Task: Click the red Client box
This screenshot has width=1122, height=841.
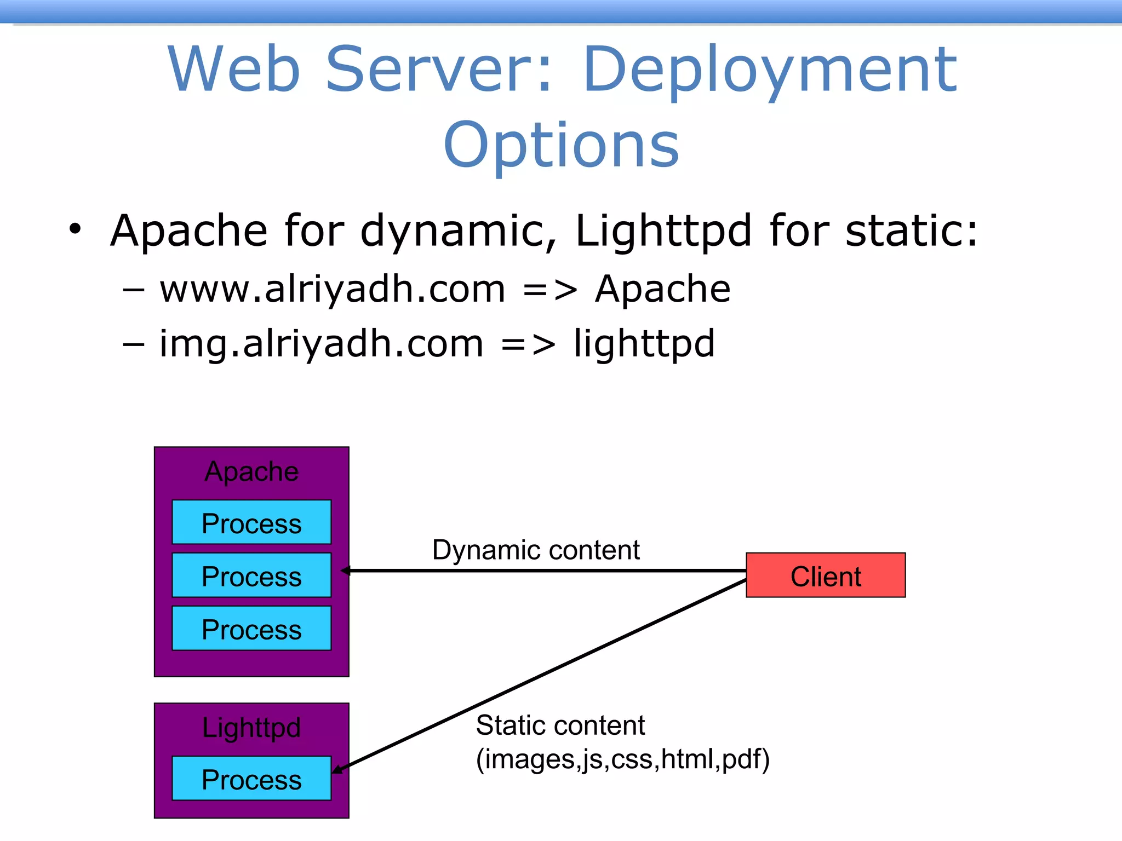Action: tap(825, 575)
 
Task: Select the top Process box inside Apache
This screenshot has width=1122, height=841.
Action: tap(251, 522)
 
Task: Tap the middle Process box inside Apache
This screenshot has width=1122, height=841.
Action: tap(251, 575)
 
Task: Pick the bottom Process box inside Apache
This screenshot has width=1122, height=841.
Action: tap(251, 629)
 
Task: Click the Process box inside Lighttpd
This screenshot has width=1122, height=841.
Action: tap(251, 779)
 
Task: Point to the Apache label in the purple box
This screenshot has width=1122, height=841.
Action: tap(251, 471)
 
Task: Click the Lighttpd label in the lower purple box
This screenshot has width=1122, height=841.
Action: tap(251, 728)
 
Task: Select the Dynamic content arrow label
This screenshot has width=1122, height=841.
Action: tap(535, 550)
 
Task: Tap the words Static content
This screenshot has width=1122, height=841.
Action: tap(560, 725)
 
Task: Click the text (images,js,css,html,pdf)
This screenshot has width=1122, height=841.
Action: tap(622, 759)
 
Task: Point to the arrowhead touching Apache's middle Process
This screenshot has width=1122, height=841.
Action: tap(346, 571)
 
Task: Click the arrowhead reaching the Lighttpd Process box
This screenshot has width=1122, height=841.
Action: tap(337, 770)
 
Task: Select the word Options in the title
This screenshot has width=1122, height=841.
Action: tap(561, 145)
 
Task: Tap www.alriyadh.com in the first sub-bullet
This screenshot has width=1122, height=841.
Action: tap(332, 289)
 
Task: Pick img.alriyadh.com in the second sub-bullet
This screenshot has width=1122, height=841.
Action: tap(321, 344)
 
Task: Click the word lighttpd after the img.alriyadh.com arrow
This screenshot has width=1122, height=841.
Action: tap(644, 344)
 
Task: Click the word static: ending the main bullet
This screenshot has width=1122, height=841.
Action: tap(911, 231)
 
